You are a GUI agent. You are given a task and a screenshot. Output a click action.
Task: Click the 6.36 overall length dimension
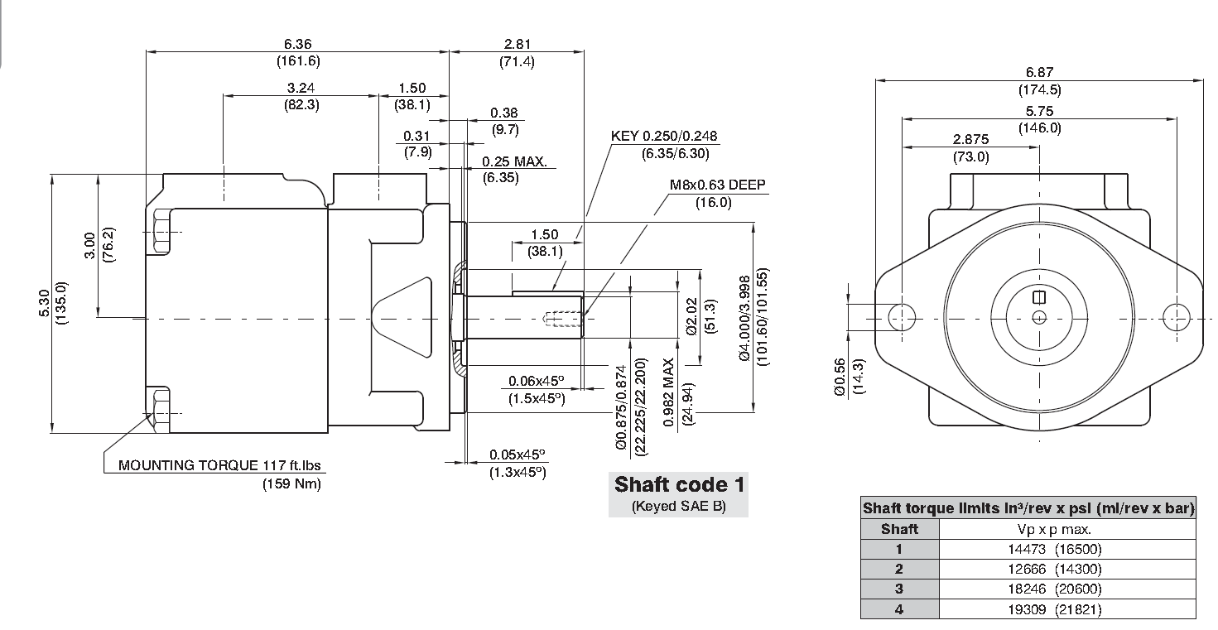click(x=297, y=44)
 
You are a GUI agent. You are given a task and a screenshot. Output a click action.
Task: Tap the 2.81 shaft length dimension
click(x=518, y=44)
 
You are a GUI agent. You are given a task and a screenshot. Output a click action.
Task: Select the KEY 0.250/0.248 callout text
click(x=664, y=136)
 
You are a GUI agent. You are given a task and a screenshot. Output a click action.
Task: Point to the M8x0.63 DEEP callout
click(x=717, y=185)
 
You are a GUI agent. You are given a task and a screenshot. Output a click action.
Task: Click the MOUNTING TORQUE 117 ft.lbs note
click(x=219, y=465)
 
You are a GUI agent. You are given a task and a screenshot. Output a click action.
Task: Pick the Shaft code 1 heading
click(x=679, y=484)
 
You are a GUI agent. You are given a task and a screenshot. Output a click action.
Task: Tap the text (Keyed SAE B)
click(x=679, y=506)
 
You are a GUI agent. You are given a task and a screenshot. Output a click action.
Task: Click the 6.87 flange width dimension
click(x=1040, y=72)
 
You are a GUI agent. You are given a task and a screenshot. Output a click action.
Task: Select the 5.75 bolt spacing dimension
click(x=1040, y=112)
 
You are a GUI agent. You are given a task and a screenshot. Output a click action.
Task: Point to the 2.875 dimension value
click(x=970, y=140)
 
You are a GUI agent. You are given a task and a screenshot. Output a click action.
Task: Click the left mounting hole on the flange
click(x=902, y=317)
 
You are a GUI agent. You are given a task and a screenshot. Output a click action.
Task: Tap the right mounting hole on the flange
click(x=1177, y=317)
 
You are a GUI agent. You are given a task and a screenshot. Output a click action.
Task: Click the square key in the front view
click(x=1039, y=297)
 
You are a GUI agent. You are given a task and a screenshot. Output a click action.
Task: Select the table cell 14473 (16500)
click(x=1055, y=549)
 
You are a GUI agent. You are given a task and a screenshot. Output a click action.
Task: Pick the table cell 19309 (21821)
click(x=1055, y=609)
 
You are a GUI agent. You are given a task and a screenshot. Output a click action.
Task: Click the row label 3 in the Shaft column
click(x=899, y=589)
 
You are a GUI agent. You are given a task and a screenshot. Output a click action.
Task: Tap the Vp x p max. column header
click(x=1055, y=529)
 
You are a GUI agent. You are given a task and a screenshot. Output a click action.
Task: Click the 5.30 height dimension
click(x=45, y=303)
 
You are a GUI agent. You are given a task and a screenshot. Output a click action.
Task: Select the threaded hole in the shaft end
click(x=563, y=319)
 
